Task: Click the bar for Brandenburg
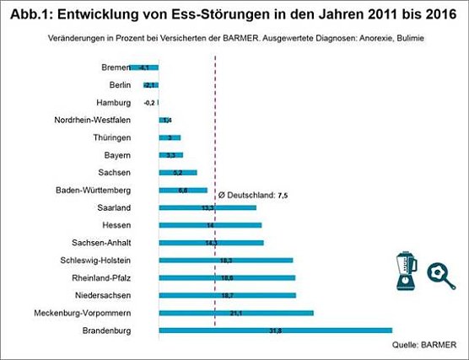coord(275,330)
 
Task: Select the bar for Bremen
coord(144,67)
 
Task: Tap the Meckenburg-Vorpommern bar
coord(235,313)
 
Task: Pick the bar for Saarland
coord(207,207)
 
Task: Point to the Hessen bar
coord(209,225)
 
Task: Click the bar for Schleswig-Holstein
coord(225,261)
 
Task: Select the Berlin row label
coord(120,85)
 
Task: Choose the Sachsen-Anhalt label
coord(102,243)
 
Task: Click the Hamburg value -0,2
coord(150,102)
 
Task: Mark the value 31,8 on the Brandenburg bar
coord(274,330)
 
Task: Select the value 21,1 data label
coord(235,313)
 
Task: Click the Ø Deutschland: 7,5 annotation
coord(254,195)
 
